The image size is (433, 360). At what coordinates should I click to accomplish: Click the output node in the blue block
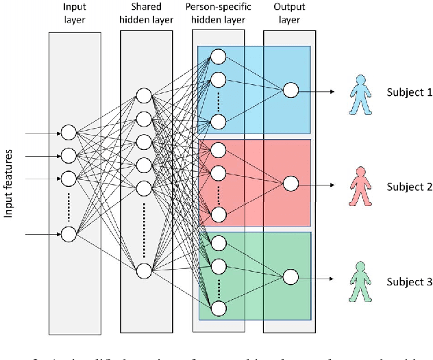[290, 90]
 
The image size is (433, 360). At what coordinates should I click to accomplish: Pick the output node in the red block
[290, 183]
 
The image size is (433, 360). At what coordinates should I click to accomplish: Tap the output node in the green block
[290, 277]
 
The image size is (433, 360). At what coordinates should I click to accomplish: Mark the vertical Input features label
[10, 183]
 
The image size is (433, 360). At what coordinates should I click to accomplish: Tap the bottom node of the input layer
[69, 235]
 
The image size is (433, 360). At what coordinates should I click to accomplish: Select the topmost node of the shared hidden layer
[144, 96]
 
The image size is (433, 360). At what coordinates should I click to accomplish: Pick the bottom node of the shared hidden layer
[144, 272]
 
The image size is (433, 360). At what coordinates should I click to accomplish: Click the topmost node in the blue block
[218, 56]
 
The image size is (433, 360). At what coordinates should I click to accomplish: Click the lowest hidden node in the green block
[218, 309]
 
